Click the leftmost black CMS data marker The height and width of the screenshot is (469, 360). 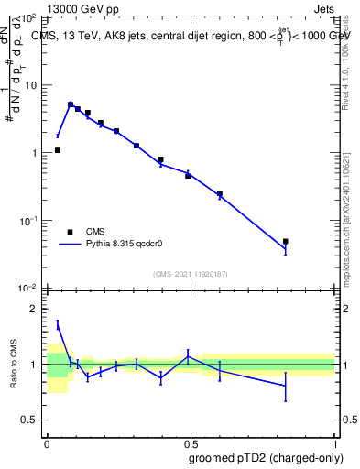[57, 150]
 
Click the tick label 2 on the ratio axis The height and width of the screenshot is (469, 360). [33, 310]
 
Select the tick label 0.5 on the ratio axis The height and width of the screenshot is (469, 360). [28, 420]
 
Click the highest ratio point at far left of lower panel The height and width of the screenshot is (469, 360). [58, 325]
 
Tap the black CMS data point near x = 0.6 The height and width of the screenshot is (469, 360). [220, 193]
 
